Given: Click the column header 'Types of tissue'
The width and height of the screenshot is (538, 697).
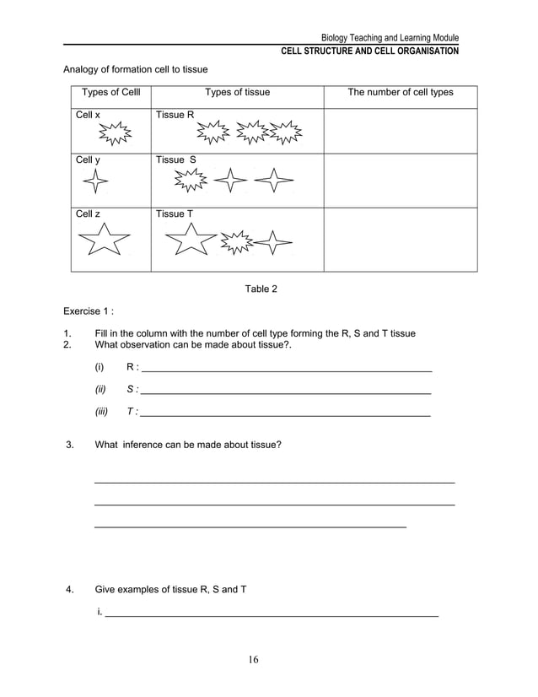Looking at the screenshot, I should [237, 92].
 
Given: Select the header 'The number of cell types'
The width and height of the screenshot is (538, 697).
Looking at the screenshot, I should [401, 92].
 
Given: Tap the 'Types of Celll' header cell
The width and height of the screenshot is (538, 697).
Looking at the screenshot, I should [110, 92].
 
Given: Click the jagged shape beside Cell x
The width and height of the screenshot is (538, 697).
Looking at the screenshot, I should [114, 133].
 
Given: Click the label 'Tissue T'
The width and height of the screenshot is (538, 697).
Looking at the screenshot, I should [175, 213].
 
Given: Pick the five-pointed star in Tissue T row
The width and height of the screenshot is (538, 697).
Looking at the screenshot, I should [190, 240].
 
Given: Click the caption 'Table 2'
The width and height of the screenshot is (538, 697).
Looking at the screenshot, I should [261, 289].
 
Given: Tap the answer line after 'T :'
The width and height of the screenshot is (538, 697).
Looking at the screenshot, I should [287, 415].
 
